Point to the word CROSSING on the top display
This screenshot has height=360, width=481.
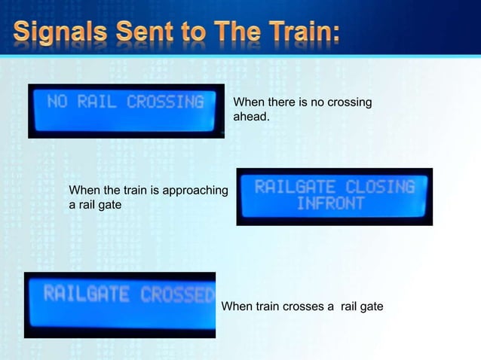(x=164, y=102)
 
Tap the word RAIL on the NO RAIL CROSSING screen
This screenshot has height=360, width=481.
(x=97, y=102)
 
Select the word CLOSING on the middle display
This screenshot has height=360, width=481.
(x=380, y=186)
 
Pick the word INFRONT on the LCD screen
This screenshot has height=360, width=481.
(x=330, y=204)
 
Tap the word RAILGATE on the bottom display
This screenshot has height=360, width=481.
(x=86, y=294)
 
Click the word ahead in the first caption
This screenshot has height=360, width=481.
(x=250, y=117)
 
